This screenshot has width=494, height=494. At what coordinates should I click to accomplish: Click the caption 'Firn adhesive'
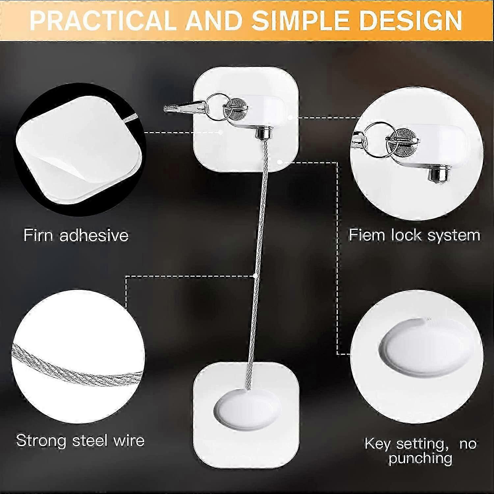76,235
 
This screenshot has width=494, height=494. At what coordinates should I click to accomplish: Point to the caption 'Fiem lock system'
415,235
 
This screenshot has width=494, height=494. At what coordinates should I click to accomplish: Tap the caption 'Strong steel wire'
80,440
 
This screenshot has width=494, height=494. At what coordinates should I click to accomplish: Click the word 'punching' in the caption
420,458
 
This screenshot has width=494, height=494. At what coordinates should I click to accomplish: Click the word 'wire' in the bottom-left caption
129,440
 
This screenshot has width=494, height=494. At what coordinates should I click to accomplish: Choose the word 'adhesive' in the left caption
94,235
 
